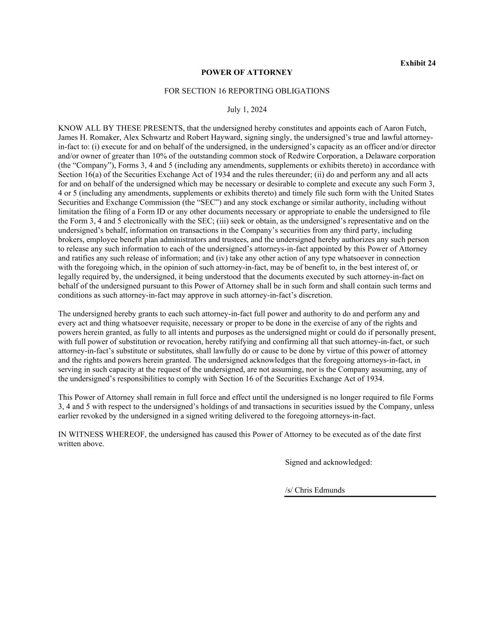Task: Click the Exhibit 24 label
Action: coord(418,63)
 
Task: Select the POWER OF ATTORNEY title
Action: coord(247,73)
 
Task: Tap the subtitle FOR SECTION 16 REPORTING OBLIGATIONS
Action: coord(247,91)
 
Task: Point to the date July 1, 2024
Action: coord(247,110)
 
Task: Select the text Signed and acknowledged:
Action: coord(329,463)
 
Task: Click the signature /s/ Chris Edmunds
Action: coord(315,490)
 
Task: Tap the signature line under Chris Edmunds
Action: coord(360,496)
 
